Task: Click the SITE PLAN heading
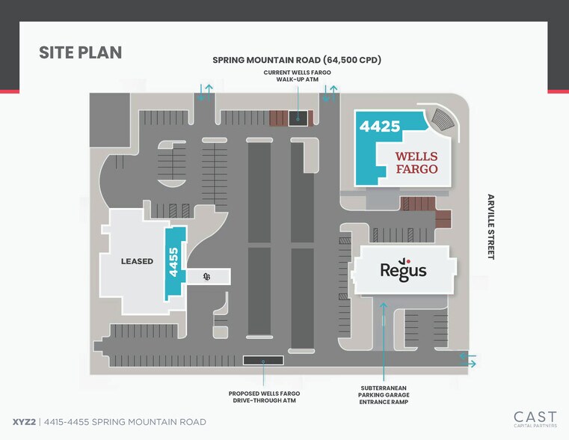pyautogui.click(x=80, y=52)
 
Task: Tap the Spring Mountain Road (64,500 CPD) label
pyautogui.click(x=297, y=60)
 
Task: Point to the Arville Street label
pyautogui.click(x=490, y=227)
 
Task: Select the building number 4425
pyautogui.click(x=380, y=126)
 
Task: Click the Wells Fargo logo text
pyautogui.click(x=416, y=162)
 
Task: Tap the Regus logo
pyautogui.click(x=403, y=269)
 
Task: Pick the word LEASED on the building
pyautogui.click(x=137, y=261)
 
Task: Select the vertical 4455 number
pyautogui.click(x=173, y=262)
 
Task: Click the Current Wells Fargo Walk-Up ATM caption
pyautogui.click(x=297, y=76)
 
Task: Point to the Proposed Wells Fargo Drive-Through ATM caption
pyautogui.click(x=264, y=397)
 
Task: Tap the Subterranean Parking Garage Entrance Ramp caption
pyautogui.click(x=384, y=395)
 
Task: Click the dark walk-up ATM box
pyautogui.click(x=298, y=119)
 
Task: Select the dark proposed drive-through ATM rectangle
pyautogui.click(x=263, y=361)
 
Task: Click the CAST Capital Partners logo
pyautogui.click(x=535, y=419)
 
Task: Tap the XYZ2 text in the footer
pyautogui.click(x=24, y=422)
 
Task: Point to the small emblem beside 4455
pyautogui.click(x=206, y=277)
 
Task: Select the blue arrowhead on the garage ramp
pyautogui.click(x=384, y=305)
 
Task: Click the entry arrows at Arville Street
pyautogui.click(x=468, y=359)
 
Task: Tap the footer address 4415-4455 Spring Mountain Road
pyautogui.click(x=125, y=422)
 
